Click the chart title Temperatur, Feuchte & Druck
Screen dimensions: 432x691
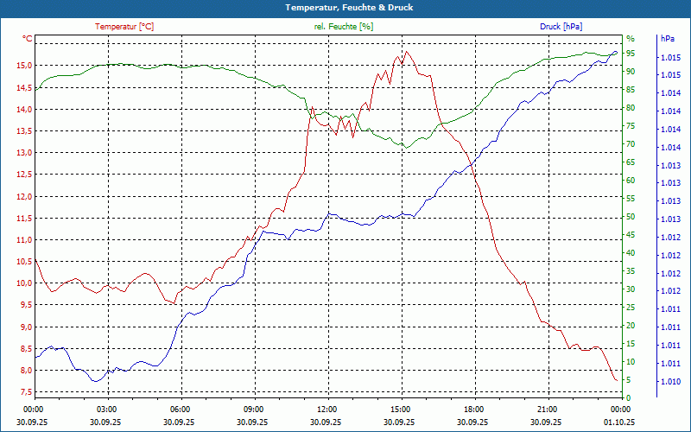345,7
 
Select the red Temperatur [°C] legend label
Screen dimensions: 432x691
124,27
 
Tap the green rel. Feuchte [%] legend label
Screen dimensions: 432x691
344,27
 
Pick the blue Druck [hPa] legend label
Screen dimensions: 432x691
561,27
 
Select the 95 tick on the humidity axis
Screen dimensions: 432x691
631,53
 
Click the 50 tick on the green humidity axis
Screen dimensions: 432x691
631,216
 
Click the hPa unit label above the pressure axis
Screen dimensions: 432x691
667,39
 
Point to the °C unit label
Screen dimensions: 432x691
28,39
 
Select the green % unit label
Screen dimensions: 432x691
630,39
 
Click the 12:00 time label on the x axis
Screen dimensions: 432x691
327,409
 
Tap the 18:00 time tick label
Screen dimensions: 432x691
473,409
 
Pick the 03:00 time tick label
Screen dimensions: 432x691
107,409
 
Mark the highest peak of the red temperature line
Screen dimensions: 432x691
406,51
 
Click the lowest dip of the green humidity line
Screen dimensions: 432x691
403,148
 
